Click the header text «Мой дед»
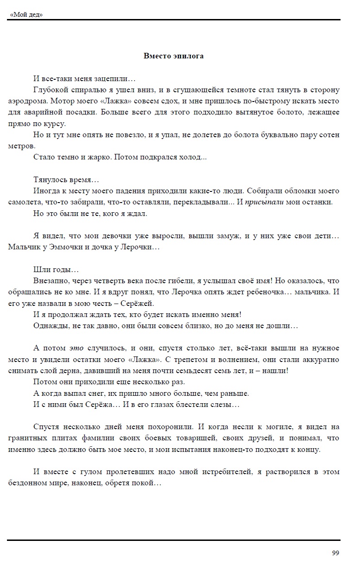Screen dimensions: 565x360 tap(26, 15)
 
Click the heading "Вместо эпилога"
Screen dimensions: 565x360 tap(173, 56)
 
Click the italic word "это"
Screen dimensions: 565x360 tap(76, 348)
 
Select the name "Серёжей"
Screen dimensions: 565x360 tap(140, 304)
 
